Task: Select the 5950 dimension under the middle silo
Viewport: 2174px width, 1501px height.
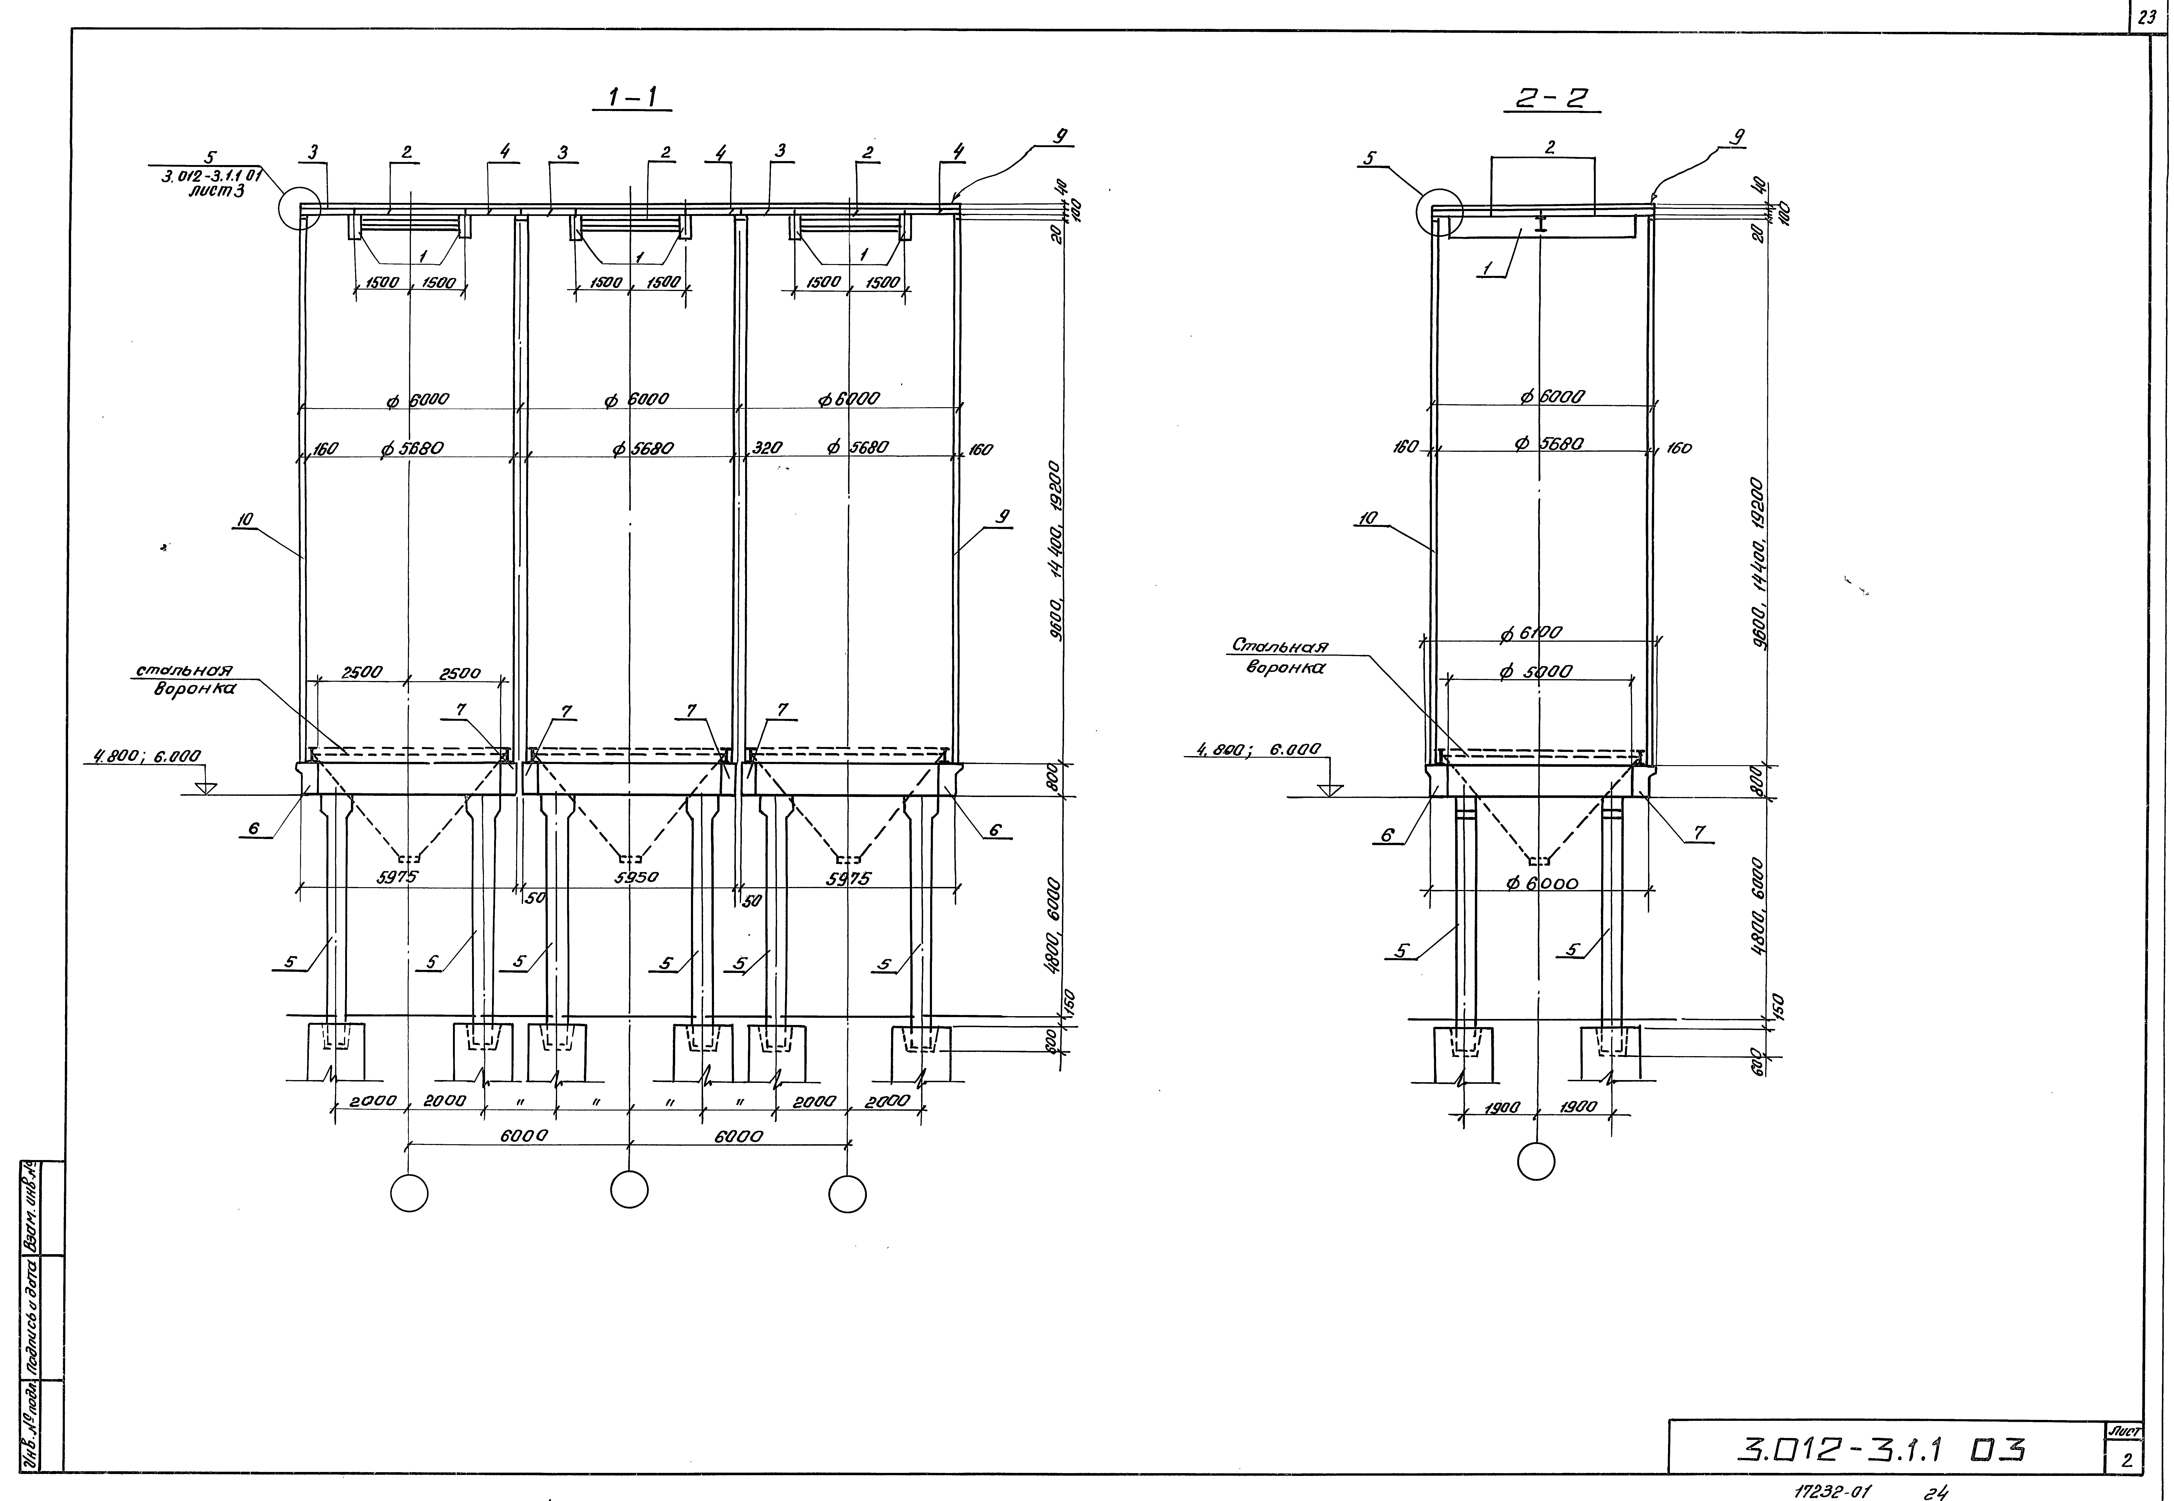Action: click(637, 876)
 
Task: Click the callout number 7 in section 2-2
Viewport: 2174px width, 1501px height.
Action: click(1698, 832)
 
